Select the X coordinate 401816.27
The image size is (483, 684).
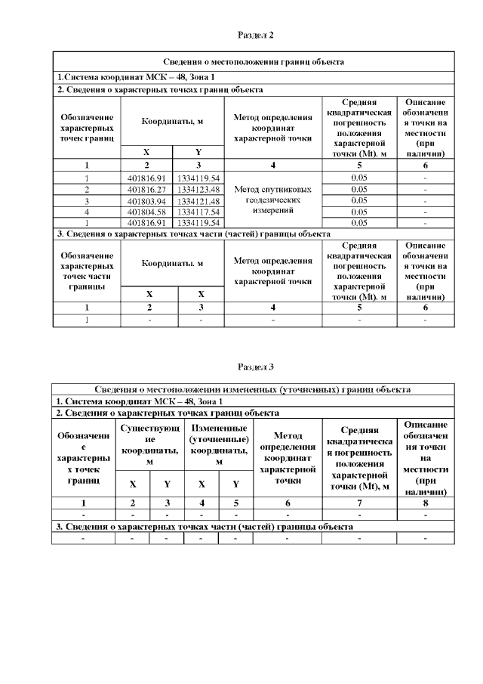[x=146, y=189]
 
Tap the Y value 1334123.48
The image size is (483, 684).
[x=198, y=189]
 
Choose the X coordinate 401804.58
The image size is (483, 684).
[x=146, y=212]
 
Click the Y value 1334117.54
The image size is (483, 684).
[x=198, y=212]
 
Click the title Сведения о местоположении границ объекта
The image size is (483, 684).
[x=254, y=62]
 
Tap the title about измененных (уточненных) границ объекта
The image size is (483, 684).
[x=254, y=389]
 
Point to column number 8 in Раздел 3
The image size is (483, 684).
[x=426, y=502]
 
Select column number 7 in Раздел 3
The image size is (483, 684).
[x=359, y=502]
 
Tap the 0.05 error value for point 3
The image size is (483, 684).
[x=359, y=200]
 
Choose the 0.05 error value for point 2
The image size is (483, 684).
[x=359, y=189]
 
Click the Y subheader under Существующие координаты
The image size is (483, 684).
[x=167, y=484]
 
